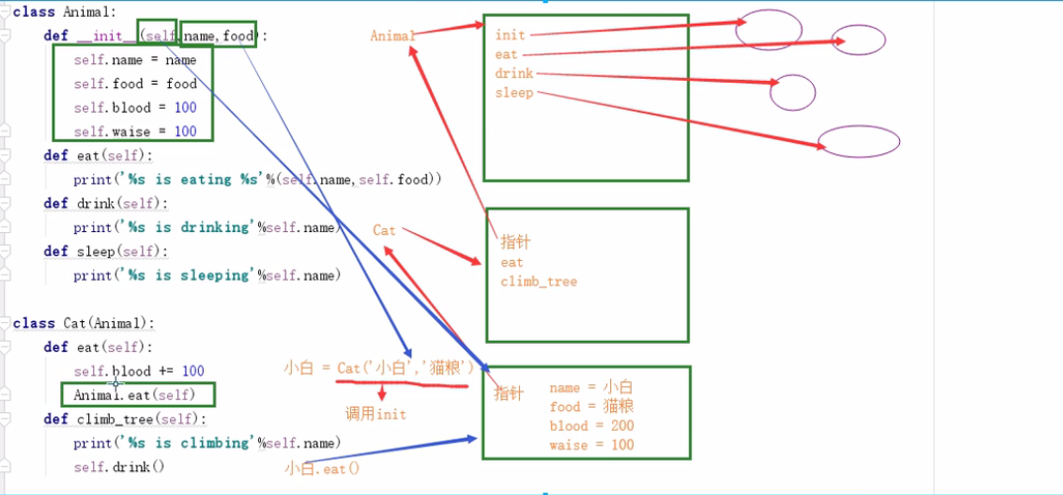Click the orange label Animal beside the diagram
click(393, 36)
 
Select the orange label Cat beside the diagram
click(385, 230)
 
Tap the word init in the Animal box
click(510, 36)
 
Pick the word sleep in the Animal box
click(514, 93)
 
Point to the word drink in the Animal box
click(514, 73)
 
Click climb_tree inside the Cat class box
click(538, 282)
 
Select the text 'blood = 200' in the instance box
click(591, 426)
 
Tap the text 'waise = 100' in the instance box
click(591, 445)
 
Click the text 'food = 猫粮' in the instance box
click(591, 406)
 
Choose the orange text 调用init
click(376, 414)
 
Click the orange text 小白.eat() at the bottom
click(322, 468)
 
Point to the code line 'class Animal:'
click(64, 12)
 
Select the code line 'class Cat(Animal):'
click(85, 323)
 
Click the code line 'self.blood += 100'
click(138, 371)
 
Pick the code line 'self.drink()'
click(119, 466)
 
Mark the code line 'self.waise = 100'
click(134, 131)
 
